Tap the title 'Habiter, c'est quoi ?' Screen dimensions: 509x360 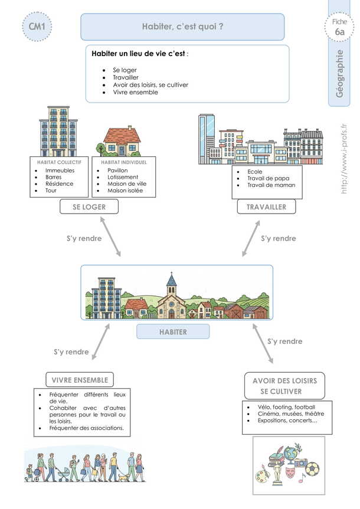point(182,27)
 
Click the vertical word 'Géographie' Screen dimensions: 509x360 point(339,73)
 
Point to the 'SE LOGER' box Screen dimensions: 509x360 point(89,206)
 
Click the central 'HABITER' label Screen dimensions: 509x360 point(173,332)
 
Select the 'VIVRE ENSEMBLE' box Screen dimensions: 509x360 point(80,380)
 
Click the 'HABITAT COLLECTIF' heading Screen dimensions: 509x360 point(59,162)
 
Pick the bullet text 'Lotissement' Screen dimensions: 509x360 point(123,177)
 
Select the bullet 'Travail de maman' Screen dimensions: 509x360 point(271,185)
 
